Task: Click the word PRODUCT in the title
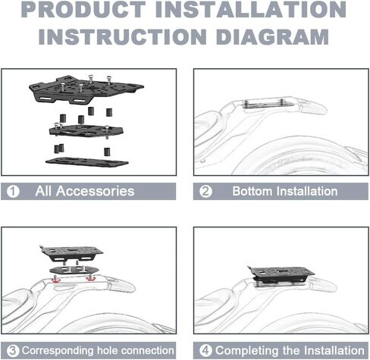pos(84,9)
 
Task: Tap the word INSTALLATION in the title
pos(251,9)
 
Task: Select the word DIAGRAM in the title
pos(272,37)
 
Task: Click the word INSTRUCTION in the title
pos(123,37)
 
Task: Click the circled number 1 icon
pos(13,192)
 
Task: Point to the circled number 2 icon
pos(205,192)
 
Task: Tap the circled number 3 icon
pos(13,351)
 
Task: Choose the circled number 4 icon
pos(205,351)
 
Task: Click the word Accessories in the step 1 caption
pos(95,191)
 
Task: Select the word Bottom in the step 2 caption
pos(252,191)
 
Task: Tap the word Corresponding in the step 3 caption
pos(58,351)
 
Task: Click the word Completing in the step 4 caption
pos(247,351)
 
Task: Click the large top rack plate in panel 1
pos(86,89)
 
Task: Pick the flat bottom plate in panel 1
pos(86,162)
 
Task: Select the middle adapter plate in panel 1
pos(86,130)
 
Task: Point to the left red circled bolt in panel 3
pos(55,280)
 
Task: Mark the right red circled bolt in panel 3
pos(91,278)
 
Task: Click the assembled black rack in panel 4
pos(281,275)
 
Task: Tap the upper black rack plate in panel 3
pos(71,253)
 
